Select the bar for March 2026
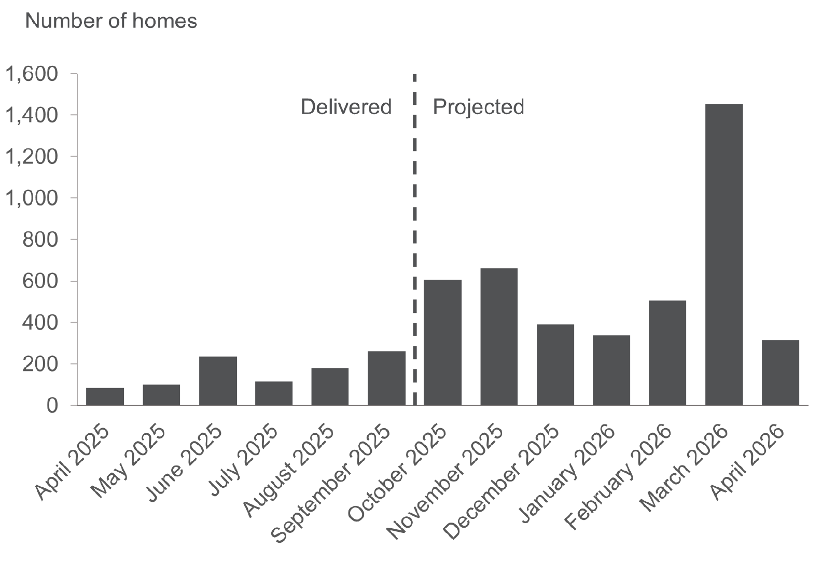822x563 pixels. click(724, 254)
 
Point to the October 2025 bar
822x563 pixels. click(442, 342)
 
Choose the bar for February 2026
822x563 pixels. click(667, 352)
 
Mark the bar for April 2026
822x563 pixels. click(780, 372)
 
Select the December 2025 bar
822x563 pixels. click(555, 364)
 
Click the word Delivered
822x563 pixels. click(346, 107)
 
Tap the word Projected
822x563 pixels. click(478, 107)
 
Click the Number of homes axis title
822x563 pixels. click(111, 21)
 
